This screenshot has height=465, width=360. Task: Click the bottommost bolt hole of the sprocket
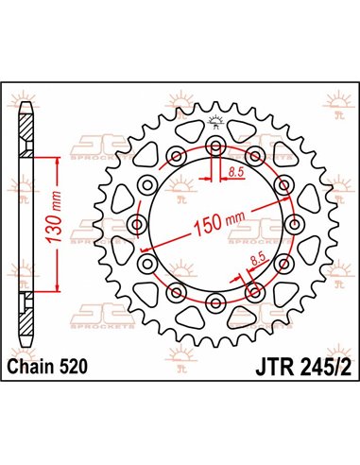[x=215, y=302]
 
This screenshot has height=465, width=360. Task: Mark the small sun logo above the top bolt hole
[x=215, y=120]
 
